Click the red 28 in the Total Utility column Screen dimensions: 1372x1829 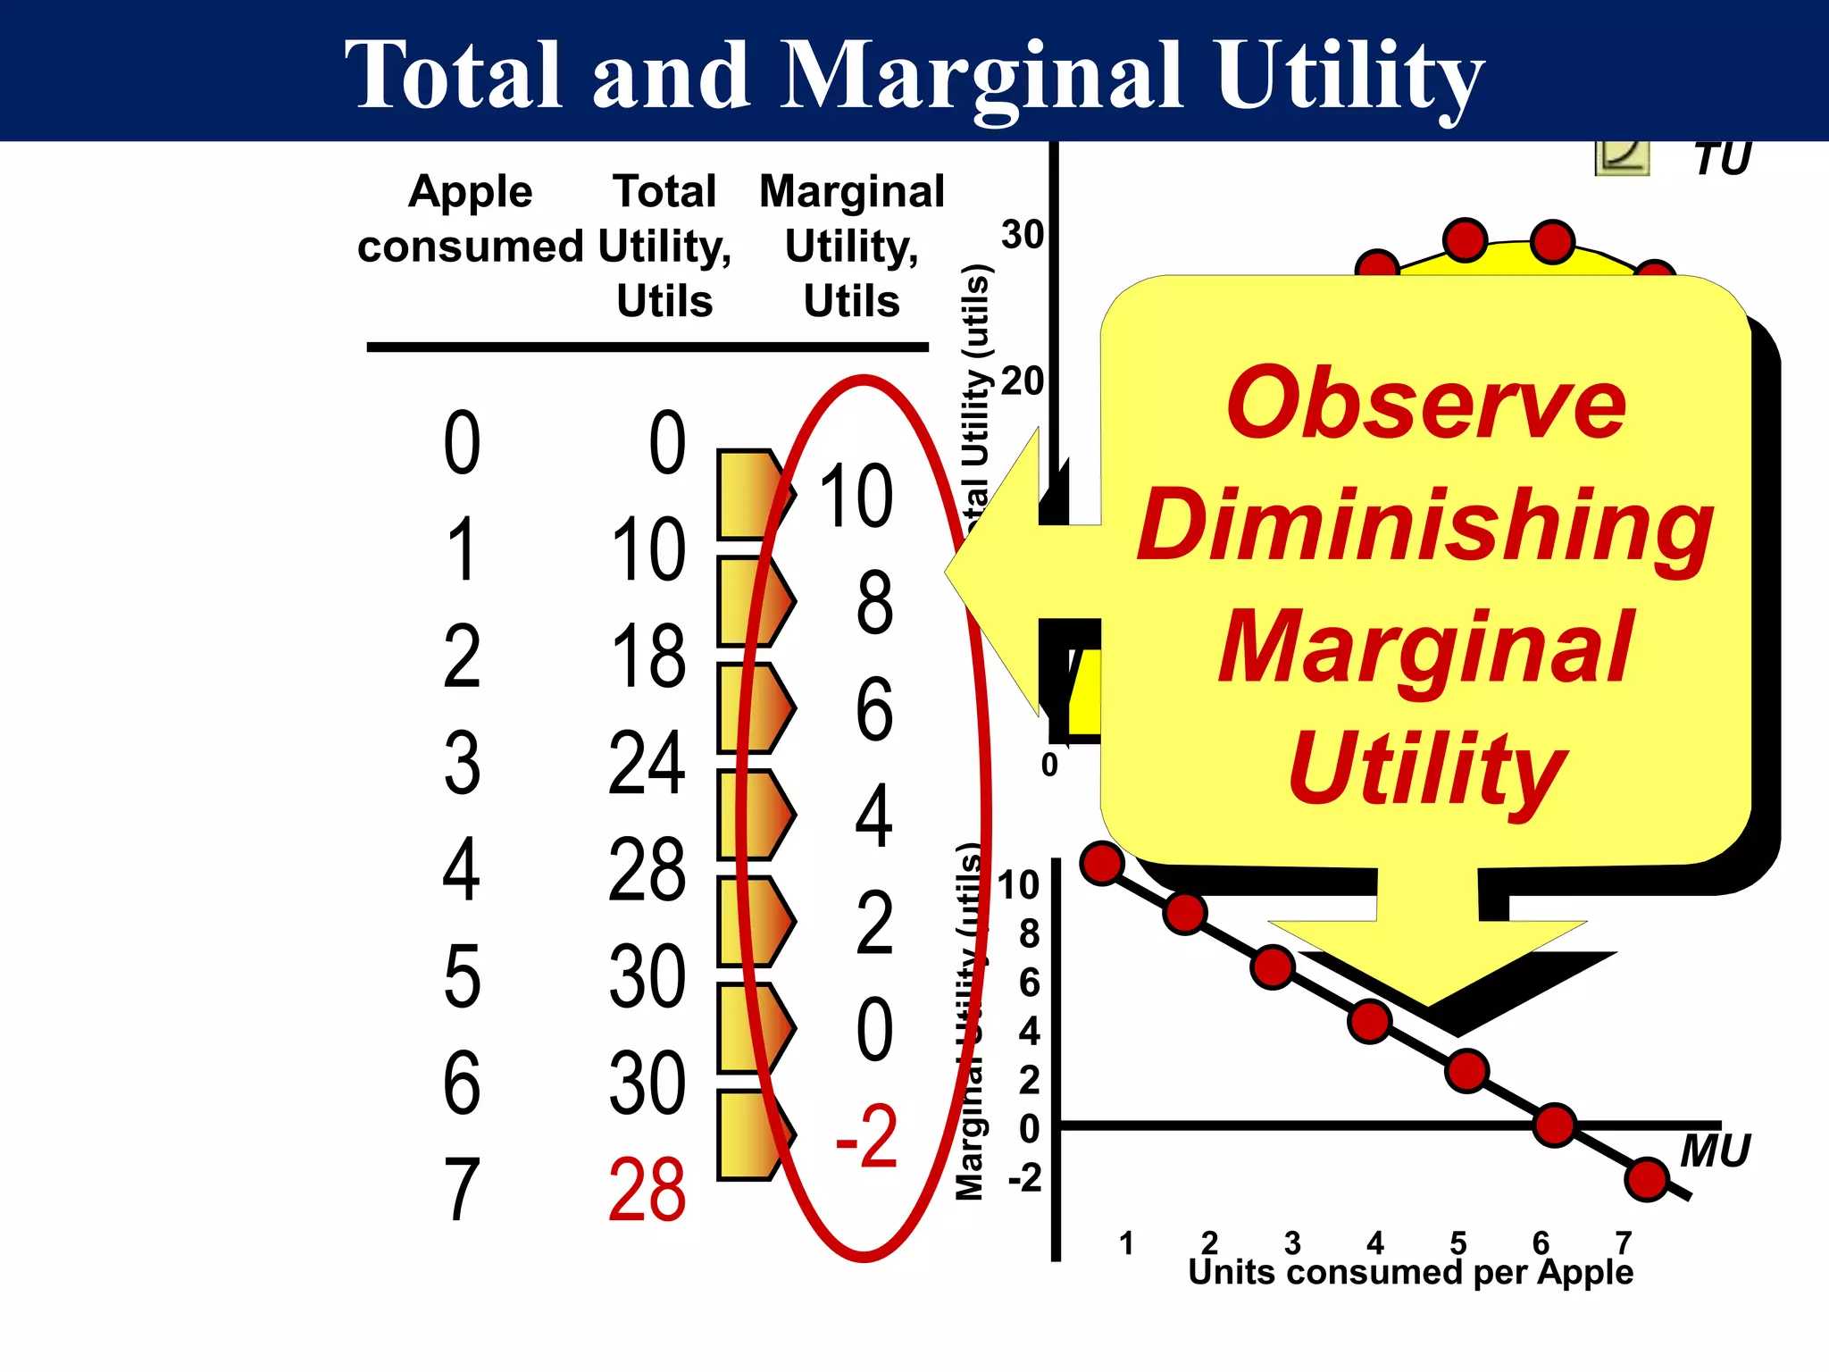(x=647, y=1191)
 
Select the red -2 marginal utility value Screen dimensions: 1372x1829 (x=866, y=1137)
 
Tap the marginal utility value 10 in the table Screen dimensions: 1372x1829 (x=856, y=497)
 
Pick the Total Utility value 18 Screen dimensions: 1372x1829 (x=648, y=657)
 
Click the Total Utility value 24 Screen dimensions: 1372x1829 (x=647, y=763)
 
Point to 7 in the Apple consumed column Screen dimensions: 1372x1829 (x=462, y=1191)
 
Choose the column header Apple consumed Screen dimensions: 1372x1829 (x=470, y=219)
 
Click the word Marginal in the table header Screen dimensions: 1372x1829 (x=851, y=191)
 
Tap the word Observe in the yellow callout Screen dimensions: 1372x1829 (x=1426, y=404)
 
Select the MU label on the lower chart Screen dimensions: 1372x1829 (x=1715, y=1150)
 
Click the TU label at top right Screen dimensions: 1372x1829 (x=1722, y=159)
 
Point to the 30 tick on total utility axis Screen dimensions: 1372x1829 (x=1023, y=235)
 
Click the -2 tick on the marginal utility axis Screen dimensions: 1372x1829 (x=1025, y=1178)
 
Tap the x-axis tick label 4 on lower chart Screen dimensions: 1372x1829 (x=1375, y=1242)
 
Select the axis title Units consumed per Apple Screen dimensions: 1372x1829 (x=1410, y=1272)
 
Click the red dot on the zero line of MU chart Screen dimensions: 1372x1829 (x=1554, y=1125)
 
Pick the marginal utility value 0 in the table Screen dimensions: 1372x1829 (x=874, y=1031)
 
